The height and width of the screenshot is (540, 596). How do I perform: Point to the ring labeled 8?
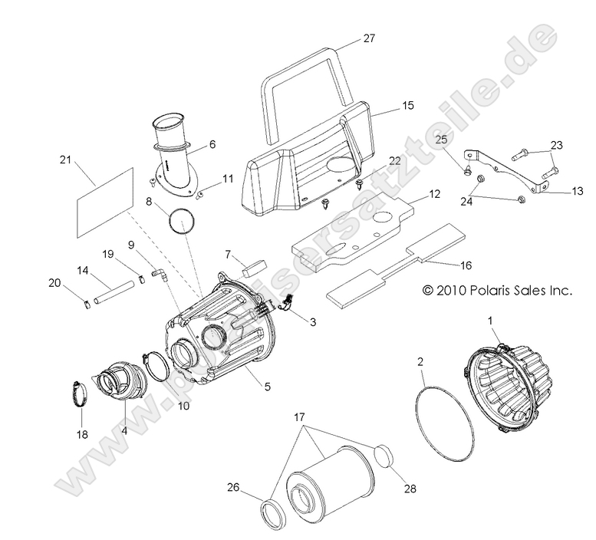pyautogui.click(x=182, y=222)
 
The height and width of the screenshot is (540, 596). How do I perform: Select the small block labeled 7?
pyautogui.click(x=252, y=265)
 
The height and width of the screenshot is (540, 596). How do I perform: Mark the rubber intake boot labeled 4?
pyautogui.click(x=117, y=380)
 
